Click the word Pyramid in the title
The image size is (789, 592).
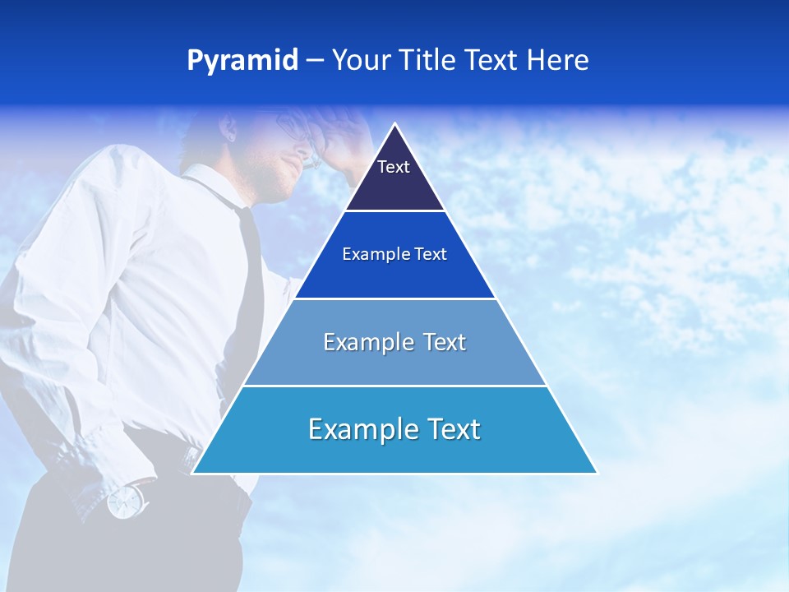click(242, 61)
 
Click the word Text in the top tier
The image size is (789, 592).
click(394, 167)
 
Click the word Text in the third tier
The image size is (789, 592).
click(445, 342)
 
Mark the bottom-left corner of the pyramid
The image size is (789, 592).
click(193, 473)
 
